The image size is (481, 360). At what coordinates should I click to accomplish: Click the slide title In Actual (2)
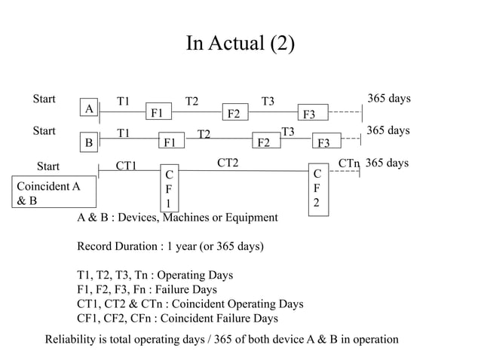pos(240,44)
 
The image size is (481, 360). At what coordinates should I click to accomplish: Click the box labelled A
pos(89,109)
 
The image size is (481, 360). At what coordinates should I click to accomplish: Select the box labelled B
pos(89,142)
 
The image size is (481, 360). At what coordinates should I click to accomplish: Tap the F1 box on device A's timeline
pos(158,114)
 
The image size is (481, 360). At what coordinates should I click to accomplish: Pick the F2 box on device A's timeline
pos(234,114)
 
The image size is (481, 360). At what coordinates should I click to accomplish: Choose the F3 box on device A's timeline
pos(309,114)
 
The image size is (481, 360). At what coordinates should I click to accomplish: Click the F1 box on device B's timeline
pos(170,142)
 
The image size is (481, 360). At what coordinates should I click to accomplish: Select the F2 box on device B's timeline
pos(265,142)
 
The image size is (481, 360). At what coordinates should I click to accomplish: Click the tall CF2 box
pos(317,189)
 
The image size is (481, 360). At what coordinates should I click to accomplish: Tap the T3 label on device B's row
pos(287,132)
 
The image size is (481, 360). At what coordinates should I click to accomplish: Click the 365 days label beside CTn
pos(387,163)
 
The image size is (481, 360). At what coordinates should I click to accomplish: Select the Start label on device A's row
pos(44,99)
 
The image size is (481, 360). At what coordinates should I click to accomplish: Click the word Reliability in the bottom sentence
pos(72,340)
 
